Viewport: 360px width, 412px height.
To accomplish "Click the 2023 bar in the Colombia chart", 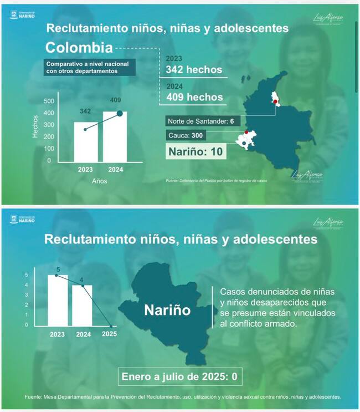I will (85, 141).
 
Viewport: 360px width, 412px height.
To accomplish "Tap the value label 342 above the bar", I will (85, 111).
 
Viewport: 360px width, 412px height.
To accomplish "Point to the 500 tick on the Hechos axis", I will (48, 101).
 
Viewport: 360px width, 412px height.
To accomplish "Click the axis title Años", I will (99, 181).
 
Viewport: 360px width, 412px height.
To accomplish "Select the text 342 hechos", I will (194, 70).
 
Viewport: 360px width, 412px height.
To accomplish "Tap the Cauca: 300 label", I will (189, 135).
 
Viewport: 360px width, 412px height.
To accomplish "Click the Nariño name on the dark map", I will (167, 310).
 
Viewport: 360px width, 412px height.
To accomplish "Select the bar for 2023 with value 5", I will (58, 300).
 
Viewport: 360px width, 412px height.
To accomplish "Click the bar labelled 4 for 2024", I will (82, 305).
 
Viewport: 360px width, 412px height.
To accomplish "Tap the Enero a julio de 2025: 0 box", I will (180, 378).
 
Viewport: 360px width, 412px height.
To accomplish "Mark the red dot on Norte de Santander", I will (275, 102).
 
